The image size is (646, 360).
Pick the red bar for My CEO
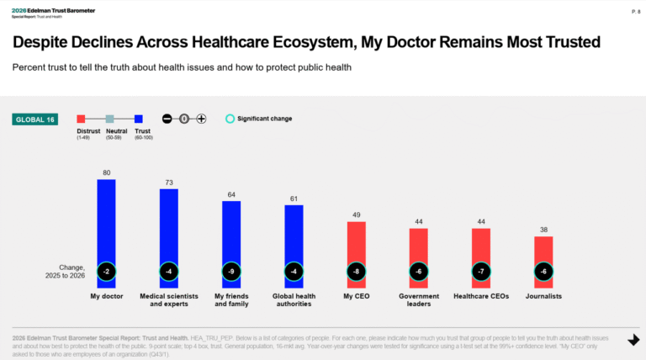pos(356,244)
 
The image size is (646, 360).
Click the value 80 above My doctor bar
pos(106,172)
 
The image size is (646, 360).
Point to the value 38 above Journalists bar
pos(543,230)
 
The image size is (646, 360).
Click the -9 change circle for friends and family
pos(231,272)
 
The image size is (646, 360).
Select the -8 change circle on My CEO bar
pos(356,272)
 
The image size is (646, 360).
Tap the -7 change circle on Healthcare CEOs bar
pos(481,272)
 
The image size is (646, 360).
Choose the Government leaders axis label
pos(418,299)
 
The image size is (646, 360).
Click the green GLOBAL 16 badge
pos(34,119)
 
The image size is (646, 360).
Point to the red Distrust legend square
pos(82,119)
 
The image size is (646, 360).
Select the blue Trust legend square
pos(139,119)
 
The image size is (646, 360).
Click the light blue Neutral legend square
pos(109,119)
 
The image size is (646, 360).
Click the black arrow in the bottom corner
pos(633,340)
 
